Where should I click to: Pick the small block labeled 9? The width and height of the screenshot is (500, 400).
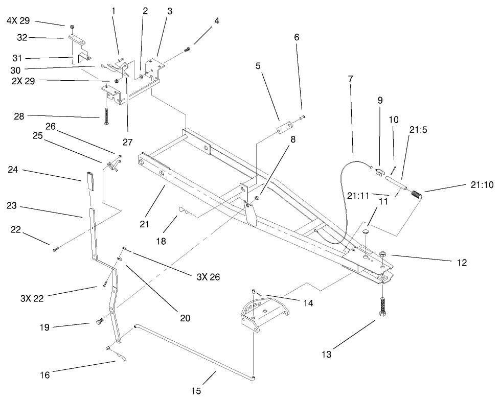click(x=379, y=172)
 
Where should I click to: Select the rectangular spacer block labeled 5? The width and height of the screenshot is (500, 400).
click(x=284, y=127)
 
